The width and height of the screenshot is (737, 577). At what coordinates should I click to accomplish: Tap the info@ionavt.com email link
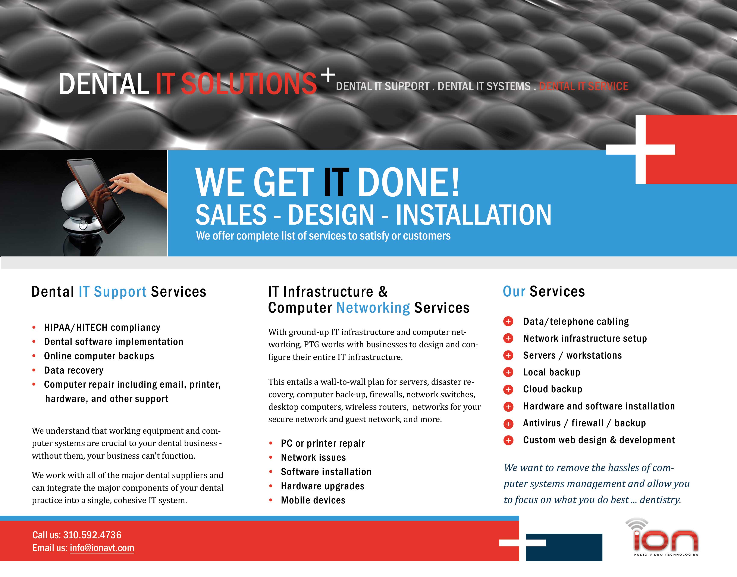(102, 548)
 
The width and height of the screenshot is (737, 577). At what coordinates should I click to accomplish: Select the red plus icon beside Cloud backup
(508, 390)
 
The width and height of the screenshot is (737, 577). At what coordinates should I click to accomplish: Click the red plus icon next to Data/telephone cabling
(508, 321)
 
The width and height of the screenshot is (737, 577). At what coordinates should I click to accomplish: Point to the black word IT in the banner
(336, 183)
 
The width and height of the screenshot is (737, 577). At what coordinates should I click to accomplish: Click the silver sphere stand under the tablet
(81, 213)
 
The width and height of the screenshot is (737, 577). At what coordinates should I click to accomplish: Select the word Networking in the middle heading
(373, 308)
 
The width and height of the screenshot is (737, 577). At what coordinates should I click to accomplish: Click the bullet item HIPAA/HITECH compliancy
(102, 327)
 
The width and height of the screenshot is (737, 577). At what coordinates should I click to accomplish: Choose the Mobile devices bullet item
(313, 500)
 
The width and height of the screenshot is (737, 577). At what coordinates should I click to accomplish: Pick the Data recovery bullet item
(74, 370)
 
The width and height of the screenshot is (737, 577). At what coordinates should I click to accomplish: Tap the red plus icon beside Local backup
(508, 372)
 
